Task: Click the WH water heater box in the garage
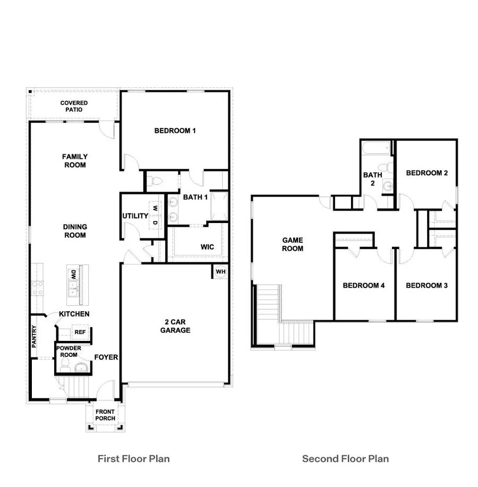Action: click(x=220, y=272)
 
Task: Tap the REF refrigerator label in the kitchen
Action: click(x=80, y=332)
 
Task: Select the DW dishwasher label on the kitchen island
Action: click(x=72, y=275)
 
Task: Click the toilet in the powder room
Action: click(x=65, y=365)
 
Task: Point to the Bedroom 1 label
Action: click(x=175, y=131)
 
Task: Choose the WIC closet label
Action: click(x=207, y=247)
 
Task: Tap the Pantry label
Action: click(x=34, y=337)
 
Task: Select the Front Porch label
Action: click(x=105, y=415)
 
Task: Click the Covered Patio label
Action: click(x=74, y=106)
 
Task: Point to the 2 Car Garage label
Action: click(x=175, y=326)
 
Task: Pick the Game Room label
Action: click(x=293, y=244)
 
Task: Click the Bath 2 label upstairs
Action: click(x=373, y=179)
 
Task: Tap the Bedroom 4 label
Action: click(x=363, y=286)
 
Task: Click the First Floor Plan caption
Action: click(x=134, y=458)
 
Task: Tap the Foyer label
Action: click(x=106, y=357)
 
